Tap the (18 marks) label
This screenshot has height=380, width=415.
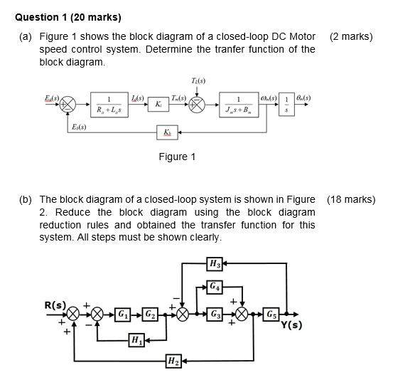pos(351,200)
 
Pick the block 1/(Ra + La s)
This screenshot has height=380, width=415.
pos(108,103)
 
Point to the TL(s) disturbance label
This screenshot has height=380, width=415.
pos(199,80)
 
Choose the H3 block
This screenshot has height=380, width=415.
pos(214,265)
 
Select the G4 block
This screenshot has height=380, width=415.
pos(215,287)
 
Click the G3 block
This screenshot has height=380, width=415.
pos(215,314)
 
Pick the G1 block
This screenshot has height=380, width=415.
pos(124,314)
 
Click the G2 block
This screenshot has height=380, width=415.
pos(149,314)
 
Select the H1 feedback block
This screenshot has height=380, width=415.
pos(135,339)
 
